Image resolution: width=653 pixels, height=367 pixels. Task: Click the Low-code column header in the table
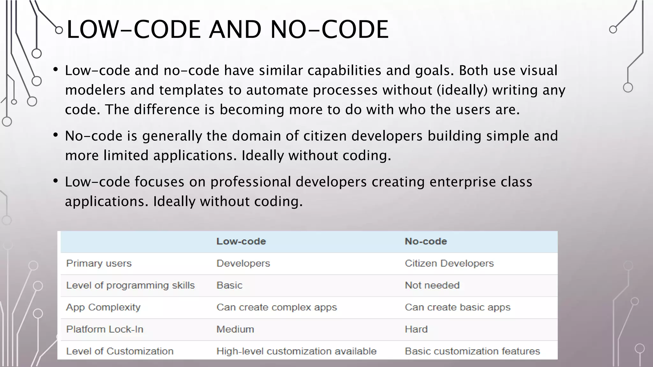coord(241,241)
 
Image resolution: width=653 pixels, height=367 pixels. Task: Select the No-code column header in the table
coord(426,241)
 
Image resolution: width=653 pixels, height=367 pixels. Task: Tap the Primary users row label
coord(99,263)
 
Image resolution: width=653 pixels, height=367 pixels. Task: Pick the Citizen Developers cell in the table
coord(449,263)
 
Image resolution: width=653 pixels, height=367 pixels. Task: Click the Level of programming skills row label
coord(130,285)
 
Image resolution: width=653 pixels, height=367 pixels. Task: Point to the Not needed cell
coord(432,285)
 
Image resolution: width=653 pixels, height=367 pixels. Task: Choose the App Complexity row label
coord(103,307)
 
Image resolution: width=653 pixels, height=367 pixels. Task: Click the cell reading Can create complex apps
coord(276,307)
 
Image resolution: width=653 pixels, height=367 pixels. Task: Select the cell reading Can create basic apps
coord(458,307)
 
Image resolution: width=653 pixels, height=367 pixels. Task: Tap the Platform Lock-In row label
coord(105,329)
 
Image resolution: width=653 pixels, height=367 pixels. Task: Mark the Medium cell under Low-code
coord(235,329)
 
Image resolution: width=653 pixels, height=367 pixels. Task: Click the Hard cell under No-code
coord(416,329)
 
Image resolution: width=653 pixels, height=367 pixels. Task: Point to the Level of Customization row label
coord(120,351)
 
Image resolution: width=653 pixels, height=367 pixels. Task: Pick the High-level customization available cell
coord(296,351)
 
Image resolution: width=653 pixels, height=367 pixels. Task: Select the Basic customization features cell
coord(472,351)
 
